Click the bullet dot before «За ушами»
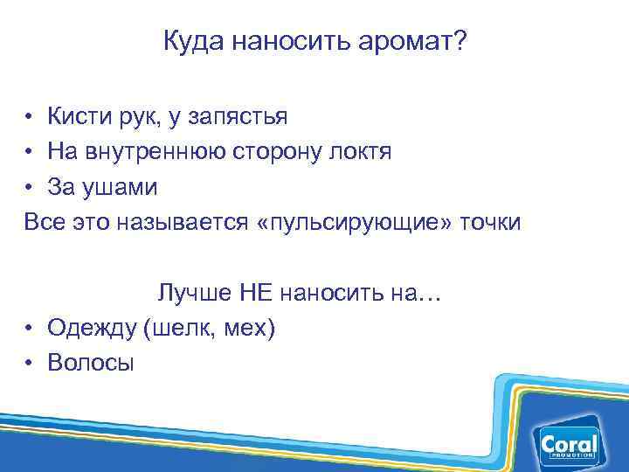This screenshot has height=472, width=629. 30,187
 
